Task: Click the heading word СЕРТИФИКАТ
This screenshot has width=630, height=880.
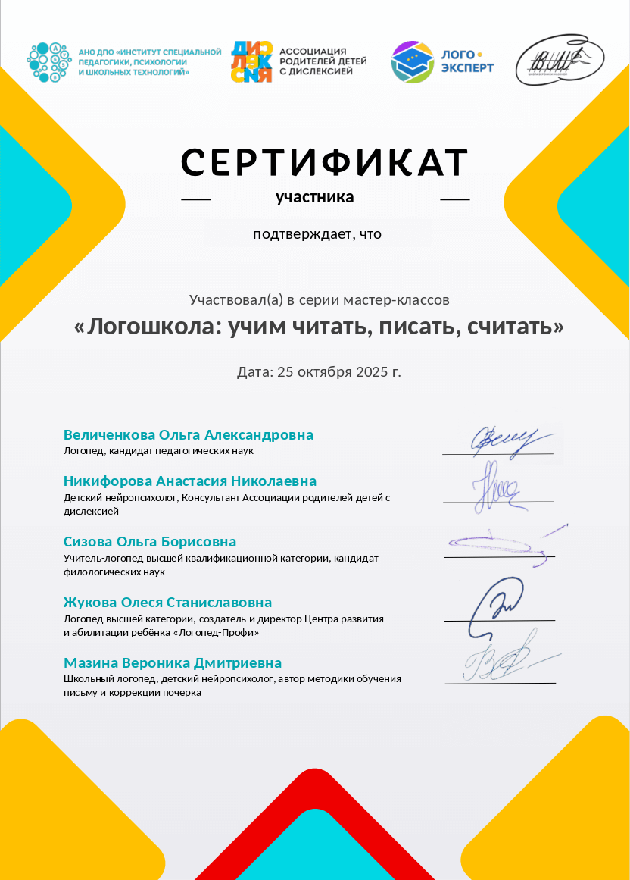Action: point(324,161)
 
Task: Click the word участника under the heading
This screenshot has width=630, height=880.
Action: point(314,198)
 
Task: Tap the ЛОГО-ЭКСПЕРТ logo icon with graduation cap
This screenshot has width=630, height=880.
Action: point(412,62)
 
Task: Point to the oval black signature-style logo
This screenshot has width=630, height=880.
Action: point(560,60)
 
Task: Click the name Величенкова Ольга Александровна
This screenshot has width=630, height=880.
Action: point(189,435)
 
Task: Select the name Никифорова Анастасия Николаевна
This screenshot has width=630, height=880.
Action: point(190,481)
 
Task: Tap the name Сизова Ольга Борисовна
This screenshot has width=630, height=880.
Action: point(150,542)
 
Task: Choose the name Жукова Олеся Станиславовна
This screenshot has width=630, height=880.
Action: point(167,603)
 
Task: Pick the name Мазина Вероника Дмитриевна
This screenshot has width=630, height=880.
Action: point(173,663)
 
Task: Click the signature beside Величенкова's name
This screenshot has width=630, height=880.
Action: point(501,440)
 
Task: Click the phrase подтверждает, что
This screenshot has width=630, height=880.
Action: point(317,234)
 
